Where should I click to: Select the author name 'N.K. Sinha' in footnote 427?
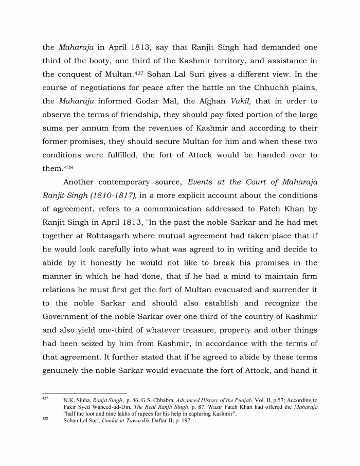tap(76, 400)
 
